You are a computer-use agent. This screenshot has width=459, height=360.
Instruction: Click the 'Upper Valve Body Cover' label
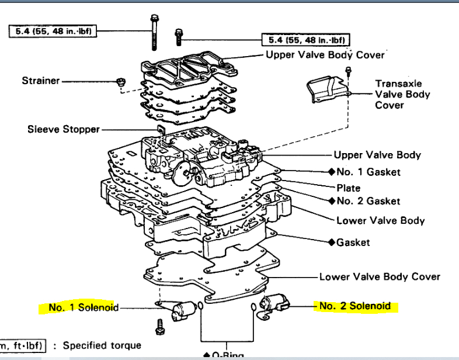[325, 55]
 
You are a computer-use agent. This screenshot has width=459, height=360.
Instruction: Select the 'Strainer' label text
[40, 80]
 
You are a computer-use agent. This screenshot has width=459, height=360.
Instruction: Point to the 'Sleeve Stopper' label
[63, 129]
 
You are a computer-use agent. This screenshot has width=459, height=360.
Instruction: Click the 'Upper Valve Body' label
[377, 155]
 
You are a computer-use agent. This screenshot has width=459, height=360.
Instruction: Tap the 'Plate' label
[349, 188]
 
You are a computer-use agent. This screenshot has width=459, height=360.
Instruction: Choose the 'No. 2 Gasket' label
[368, 200]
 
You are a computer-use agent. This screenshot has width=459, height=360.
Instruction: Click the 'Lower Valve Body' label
[380, 220]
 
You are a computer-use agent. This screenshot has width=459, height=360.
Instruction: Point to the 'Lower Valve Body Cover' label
[380, 276]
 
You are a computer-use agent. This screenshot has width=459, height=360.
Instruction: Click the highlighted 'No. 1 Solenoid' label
[84, 307]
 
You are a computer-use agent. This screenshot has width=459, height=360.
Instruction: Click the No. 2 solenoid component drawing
[273, 304]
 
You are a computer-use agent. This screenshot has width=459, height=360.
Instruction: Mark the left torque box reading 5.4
[53, 31]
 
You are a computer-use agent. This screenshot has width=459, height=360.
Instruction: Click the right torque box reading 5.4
[305, 40]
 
